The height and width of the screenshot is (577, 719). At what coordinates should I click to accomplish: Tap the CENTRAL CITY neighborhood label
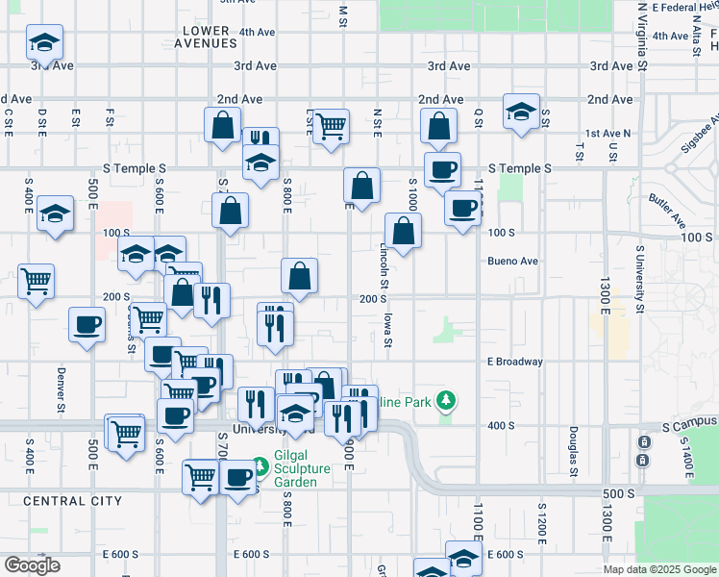point(72,501)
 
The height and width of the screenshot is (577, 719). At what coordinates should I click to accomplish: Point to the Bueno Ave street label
point(512,261)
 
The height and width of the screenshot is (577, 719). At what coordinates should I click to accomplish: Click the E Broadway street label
point(515,363)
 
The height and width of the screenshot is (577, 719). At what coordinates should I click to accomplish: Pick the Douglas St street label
point(572,451)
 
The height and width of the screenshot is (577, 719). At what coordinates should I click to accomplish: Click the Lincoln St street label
point(383,265)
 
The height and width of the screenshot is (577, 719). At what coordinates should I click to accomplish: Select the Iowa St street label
point(388,328)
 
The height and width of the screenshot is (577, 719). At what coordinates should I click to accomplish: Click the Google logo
point(32,565)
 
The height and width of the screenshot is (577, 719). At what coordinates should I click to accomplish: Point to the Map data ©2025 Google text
point(659,569)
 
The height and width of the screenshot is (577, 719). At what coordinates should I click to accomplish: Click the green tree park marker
point(445,399)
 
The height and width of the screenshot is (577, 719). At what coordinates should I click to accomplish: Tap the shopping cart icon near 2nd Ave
point(331,126)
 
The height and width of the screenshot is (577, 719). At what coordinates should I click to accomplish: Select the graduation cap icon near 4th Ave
point(44,42)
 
